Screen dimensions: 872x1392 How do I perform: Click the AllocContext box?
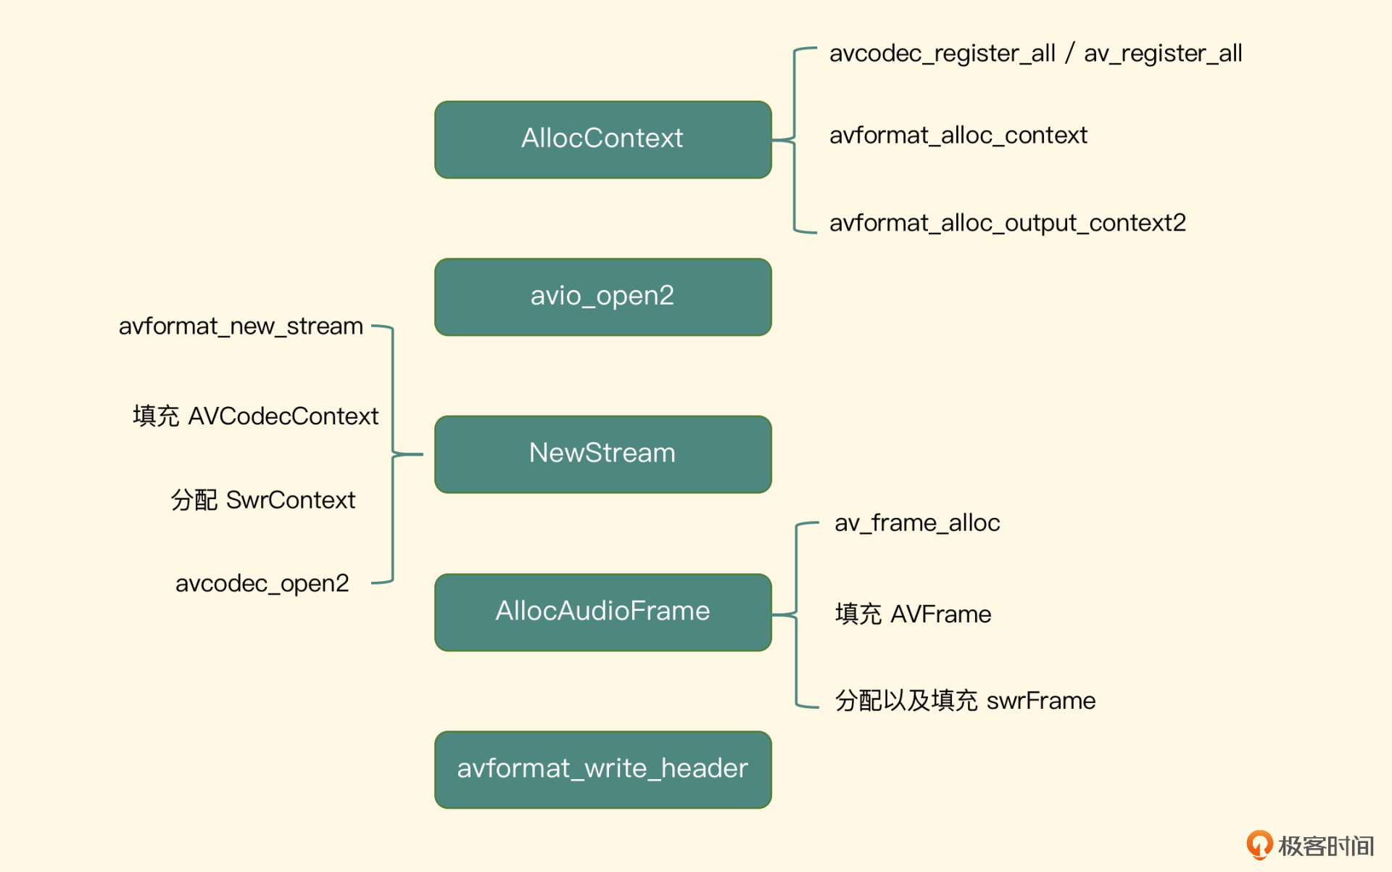coord(602,139)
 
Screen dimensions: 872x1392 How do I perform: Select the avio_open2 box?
coord(602,297)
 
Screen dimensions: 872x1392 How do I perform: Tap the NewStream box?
coord(602,454)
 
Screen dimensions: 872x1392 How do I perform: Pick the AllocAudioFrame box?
coord(602,612)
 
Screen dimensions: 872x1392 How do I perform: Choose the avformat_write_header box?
coord(602,770)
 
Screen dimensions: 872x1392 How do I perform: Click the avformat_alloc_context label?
coord(958,136)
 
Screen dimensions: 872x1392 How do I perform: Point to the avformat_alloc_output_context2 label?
coord(1007,223)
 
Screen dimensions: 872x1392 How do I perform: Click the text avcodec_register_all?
coord(942,54)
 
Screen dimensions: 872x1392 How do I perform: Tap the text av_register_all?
coord(1163,54)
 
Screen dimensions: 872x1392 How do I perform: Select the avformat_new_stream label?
coord(241,327)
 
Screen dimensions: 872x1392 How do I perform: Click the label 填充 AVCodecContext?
coord(255,416)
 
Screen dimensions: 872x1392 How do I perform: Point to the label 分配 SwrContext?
coord(262,501)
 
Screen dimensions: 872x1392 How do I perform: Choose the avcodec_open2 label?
coord(262,584)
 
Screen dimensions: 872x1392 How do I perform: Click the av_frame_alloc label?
coord(917,523)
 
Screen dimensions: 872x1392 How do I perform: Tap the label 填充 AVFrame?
coord(913,614)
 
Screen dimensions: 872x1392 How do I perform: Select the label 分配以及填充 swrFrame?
coord(965,701)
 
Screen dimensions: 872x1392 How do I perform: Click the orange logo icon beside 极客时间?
coord(1259,844)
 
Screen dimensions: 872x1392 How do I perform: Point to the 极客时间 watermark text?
coord(1326,846)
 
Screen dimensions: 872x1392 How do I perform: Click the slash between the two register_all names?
coord(1069,54)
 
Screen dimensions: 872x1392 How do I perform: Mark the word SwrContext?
coord(291,501)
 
